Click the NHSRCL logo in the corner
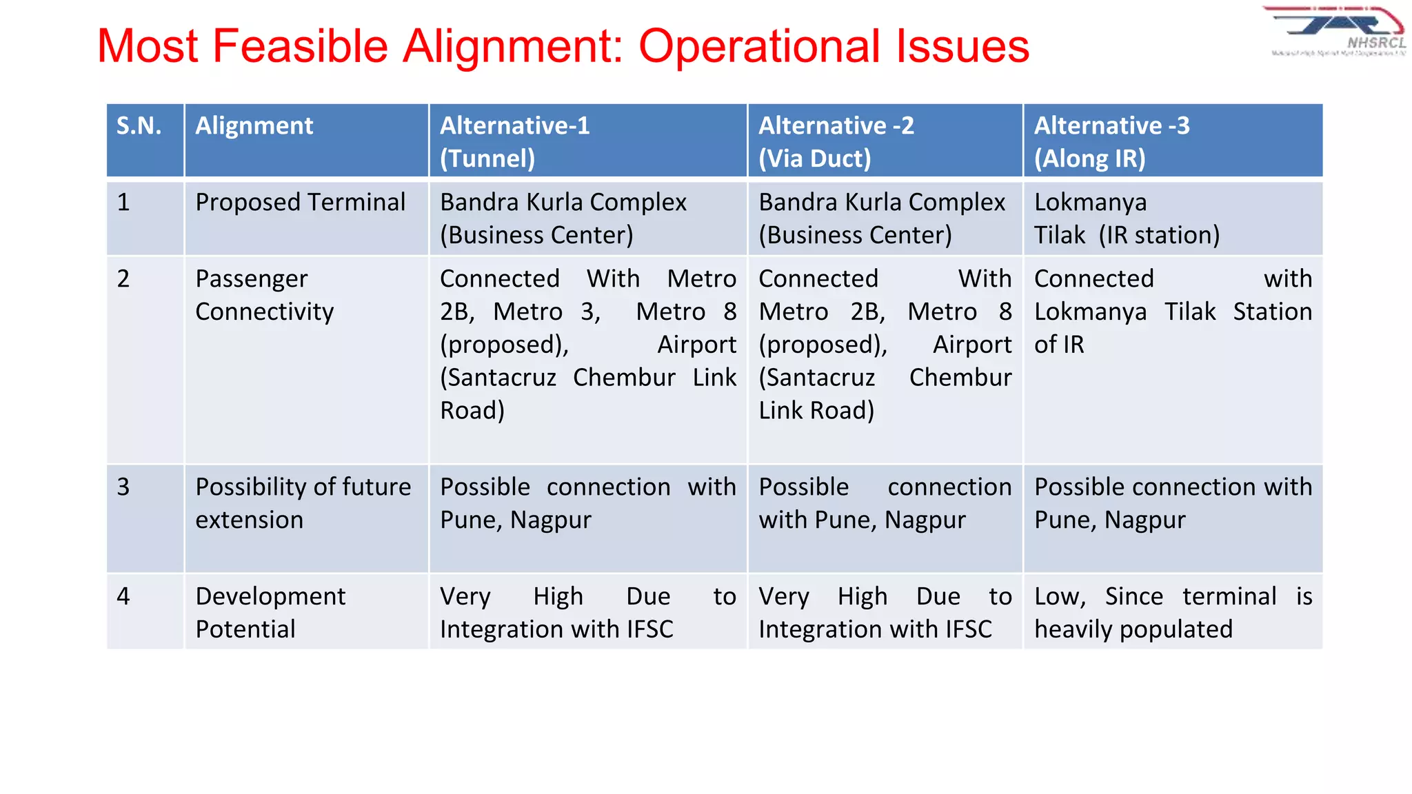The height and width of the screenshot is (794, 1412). coord(1336,32)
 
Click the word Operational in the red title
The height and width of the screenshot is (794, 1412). coord(758,46)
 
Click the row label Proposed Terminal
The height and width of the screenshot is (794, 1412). coord(300,203)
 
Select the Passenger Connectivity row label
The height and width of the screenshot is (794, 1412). coord(264,295)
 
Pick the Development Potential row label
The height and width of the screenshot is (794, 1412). coord(270,612)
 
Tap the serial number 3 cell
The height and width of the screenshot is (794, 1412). coord(123,487)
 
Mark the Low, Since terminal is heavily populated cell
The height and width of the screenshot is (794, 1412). coord(1172,612)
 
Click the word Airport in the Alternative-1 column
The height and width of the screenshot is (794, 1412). coord(696,345)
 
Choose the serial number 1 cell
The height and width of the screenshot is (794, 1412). coord(123,203)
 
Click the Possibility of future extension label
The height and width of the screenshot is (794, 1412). coord(303,503)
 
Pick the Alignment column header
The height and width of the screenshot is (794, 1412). coord(254,126)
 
